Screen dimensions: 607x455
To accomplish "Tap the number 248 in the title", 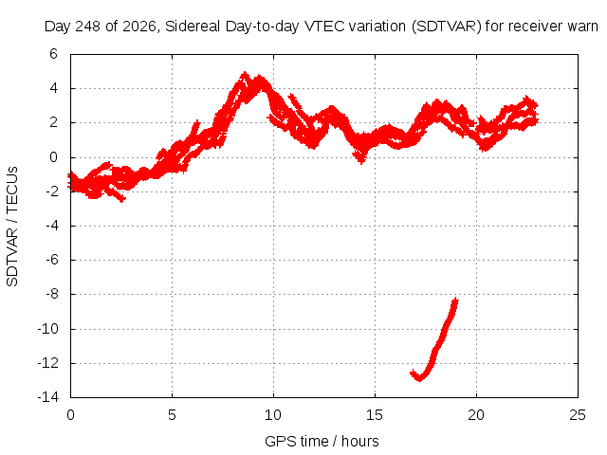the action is pyautogui.click(x=88, y=27).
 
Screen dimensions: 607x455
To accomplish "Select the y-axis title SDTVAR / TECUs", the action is pyautogui.click(x=12, y=227).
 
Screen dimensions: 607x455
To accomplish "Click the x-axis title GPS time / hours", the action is pyautogui.click(x=322, y=441).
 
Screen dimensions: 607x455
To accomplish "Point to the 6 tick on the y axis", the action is pyautogui.click(x=53, y=54).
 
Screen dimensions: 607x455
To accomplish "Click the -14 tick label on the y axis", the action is pyautogui.click(x=48, y=397).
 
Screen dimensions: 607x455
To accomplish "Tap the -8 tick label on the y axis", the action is pyautogui.click(x=51, y=294).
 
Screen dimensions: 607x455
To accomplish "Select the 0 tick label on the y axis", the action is pyautogui.click(x=53, y=157).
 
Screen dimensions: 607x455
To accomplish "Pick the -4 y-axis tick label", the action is pyautogui.click(x=51, y=226).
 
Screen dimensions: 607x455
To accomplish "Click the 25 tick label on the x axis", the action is pyautogui.click(x=578, y=415).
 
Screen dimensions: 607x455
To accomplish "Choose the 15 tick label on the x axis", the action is pyautogui.click(x=375, y=415).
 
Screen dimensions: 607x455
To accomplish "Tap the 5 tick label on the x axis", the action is pyautogui.click(x=172, y=415).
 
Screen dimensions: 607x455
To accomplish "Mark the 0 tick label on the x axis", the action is pyautogui.click(x=70, y=415).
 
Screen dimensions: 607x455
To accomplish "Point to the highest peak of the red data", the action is pyautogui.click(x=245, y=74).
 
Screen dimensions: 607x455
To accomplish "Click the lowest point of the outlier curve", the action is pyautogui.click(x=419, y=380).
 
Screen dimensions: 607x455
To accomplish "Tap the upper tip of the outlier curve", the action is pyautogui.click(x=456, y=300).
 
